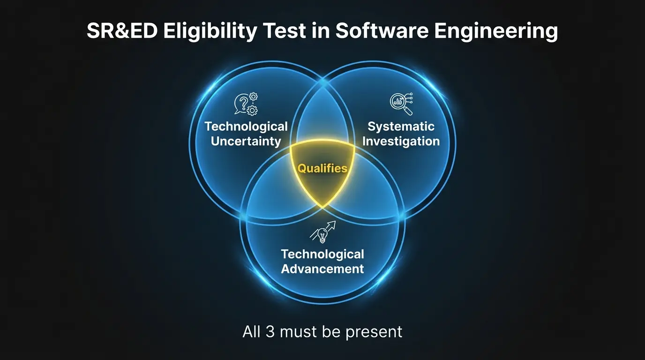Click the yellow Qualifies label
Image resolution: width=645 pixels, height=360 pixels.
click(x=322, y=168)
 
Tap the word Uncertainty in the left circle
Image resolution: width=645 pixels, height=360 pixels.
click(x=246, y=141)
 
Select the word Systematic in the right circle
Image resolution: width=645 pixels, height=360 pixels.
click(x=401, y=127)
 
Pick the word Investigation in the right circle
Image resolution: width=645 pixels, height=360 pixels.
click(x=401, y=141)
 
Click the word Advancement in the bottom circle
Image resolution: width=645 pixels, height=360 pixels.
click(x=322, y=269)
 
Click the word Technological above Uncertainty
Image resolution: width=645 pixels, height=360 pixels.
click(x=246, y=127)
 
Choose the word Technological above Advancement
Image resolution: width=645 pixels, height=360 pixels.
click(x=322, y=255)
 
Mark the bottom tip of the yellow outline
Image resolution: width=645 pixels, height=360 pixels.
click(x=322, y=208)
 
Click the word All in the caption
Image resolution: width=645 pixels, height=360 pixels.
click(x=252, y=332)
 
